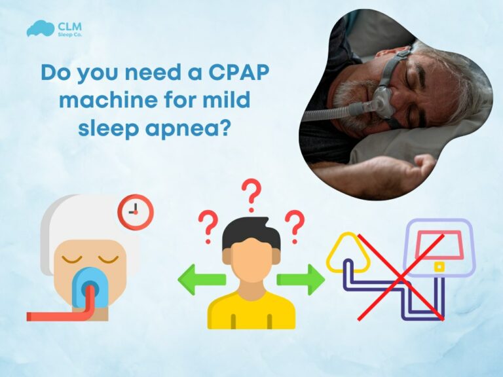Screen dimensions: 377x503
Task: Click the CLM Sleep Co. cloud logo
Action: coord(40,29)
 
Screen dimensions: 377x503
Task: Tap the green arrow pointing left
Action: coord(200,279)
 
